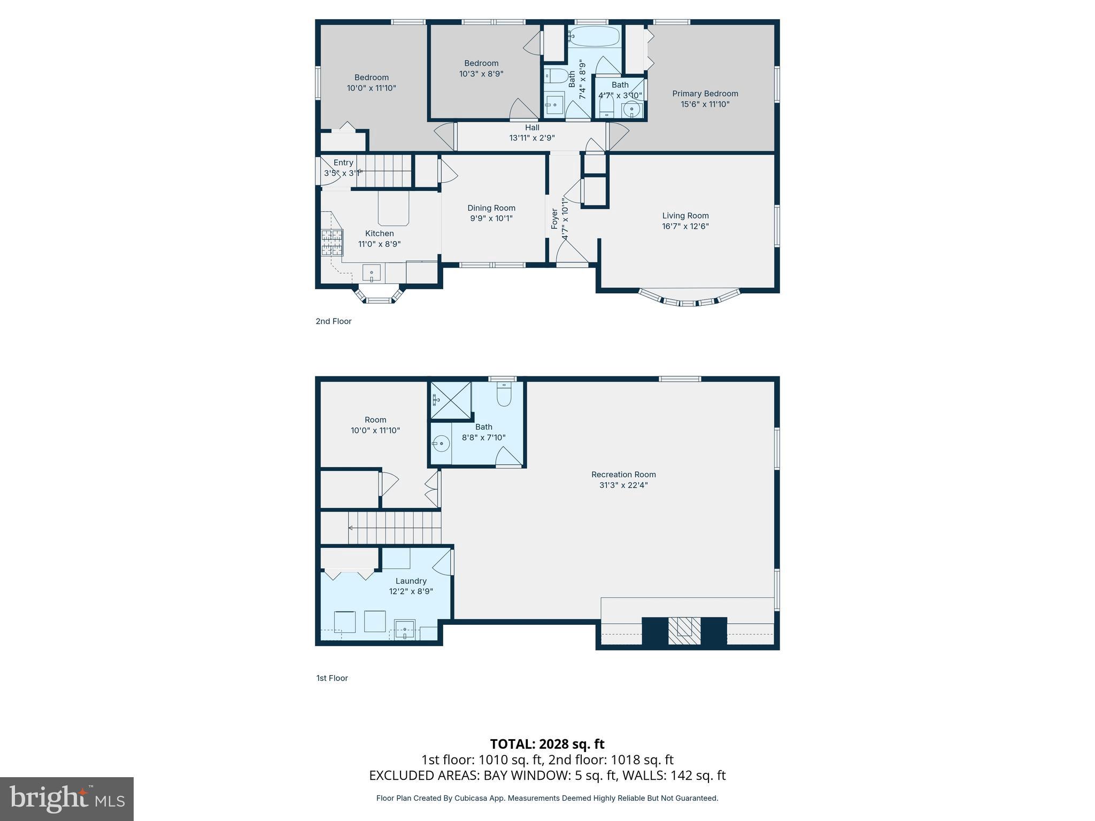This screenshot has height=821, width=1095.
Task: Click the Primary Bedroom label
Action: pyautogui.click(x=705, y=94)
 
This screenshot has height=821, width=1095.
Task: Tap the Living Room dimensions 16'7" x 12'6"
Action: pyautogui.click(x=685, y=226)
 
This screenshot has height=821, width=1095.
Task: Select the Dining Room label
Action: pyautogui.click(x=491, y=208)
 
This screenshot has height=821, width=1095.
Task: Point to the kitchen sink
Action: pyautogui.click(x=372, y=273)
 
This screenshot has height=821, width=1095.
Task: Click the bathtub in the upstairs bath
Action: pyautogui.click(x=593, y=37)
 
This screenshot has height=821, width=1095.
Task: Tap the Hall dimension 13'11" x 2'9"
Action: pyautogui.click(x=531, y=138)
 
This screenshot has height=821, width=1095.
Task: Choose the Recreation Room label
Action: pyautogui.click(x=623, y=474)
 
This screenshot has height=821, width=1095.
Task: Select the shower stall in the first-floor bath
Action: pyautogui.click(x=450, y=400)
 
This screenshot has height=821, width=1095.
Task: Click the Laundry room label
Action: pyautogui.click(x=411, y=581)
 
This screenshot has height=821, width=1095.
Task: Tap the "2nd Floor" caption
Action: pyautogui.click(x=333, y=321)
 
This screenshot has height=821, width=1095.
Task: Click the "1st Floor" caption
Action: pyautogui.click(x=331, y=678)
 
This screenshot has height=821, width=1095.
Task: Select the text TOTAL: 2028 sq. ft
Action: pyautogui.click(x=547, y=744)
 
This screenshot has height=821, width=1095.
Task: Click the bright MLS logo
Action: pyautogui.click(x=67, y=799)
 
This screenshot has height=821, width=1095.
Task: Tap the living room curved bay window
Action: pyautogui.click(x=689, y=299)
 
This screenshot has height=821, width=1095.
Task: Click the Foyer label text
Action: pyautogui.click(x=554, y=219)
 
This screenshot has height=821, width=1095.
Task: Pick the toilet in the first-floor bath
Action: pyautogui.click(x=504, y=395)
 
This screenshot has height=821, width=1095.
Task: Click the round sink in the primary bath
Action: pyautogui.click(x=631, y=109)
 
